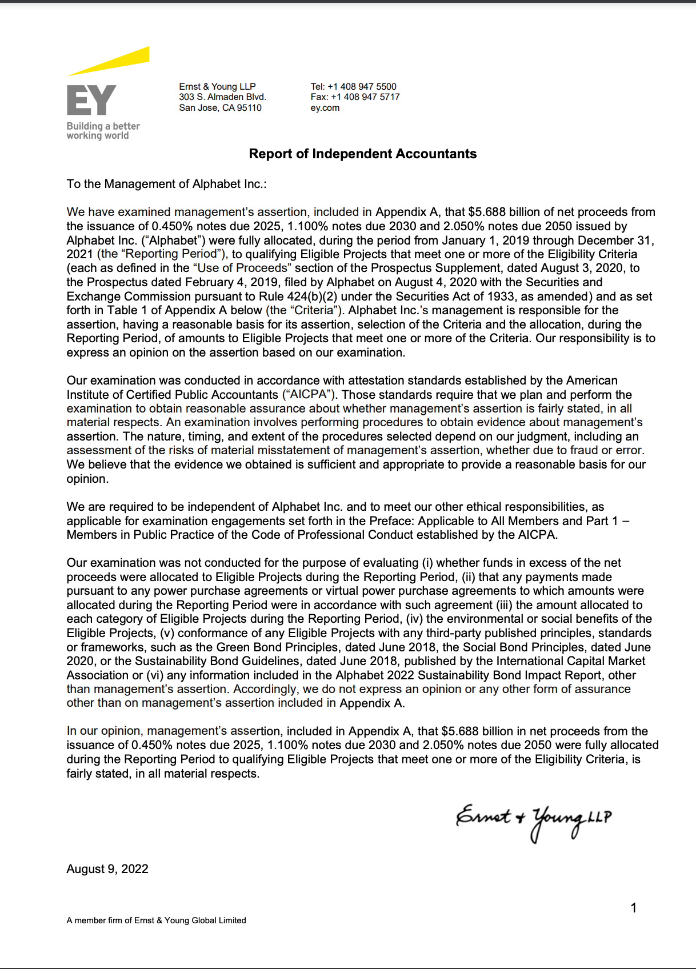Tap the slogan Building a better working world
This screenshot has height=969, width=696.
(x=103, y=131)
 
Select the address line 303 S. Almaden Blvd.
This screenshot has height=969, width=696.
(x=222, y=97)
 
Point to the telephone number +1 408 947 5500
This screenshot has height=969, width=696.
(x=362, y=87)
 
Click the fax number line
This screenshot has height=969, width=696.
(x=355, y=97)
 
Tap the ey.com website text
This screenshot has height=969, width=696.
(x=325, y=108)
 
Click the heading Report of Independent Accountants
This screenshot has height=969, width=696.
(x=362, y=154)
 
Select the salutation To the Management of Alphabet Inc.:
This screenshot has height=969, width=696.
(x=166, y=184)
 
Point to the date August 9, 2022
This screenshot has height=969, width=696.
(x=107, y=869)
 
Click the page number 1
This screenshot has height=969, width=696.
(x=633, y=908)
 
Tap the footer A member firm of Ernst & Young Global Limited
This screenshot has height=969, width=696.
(x=156, y=920)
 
